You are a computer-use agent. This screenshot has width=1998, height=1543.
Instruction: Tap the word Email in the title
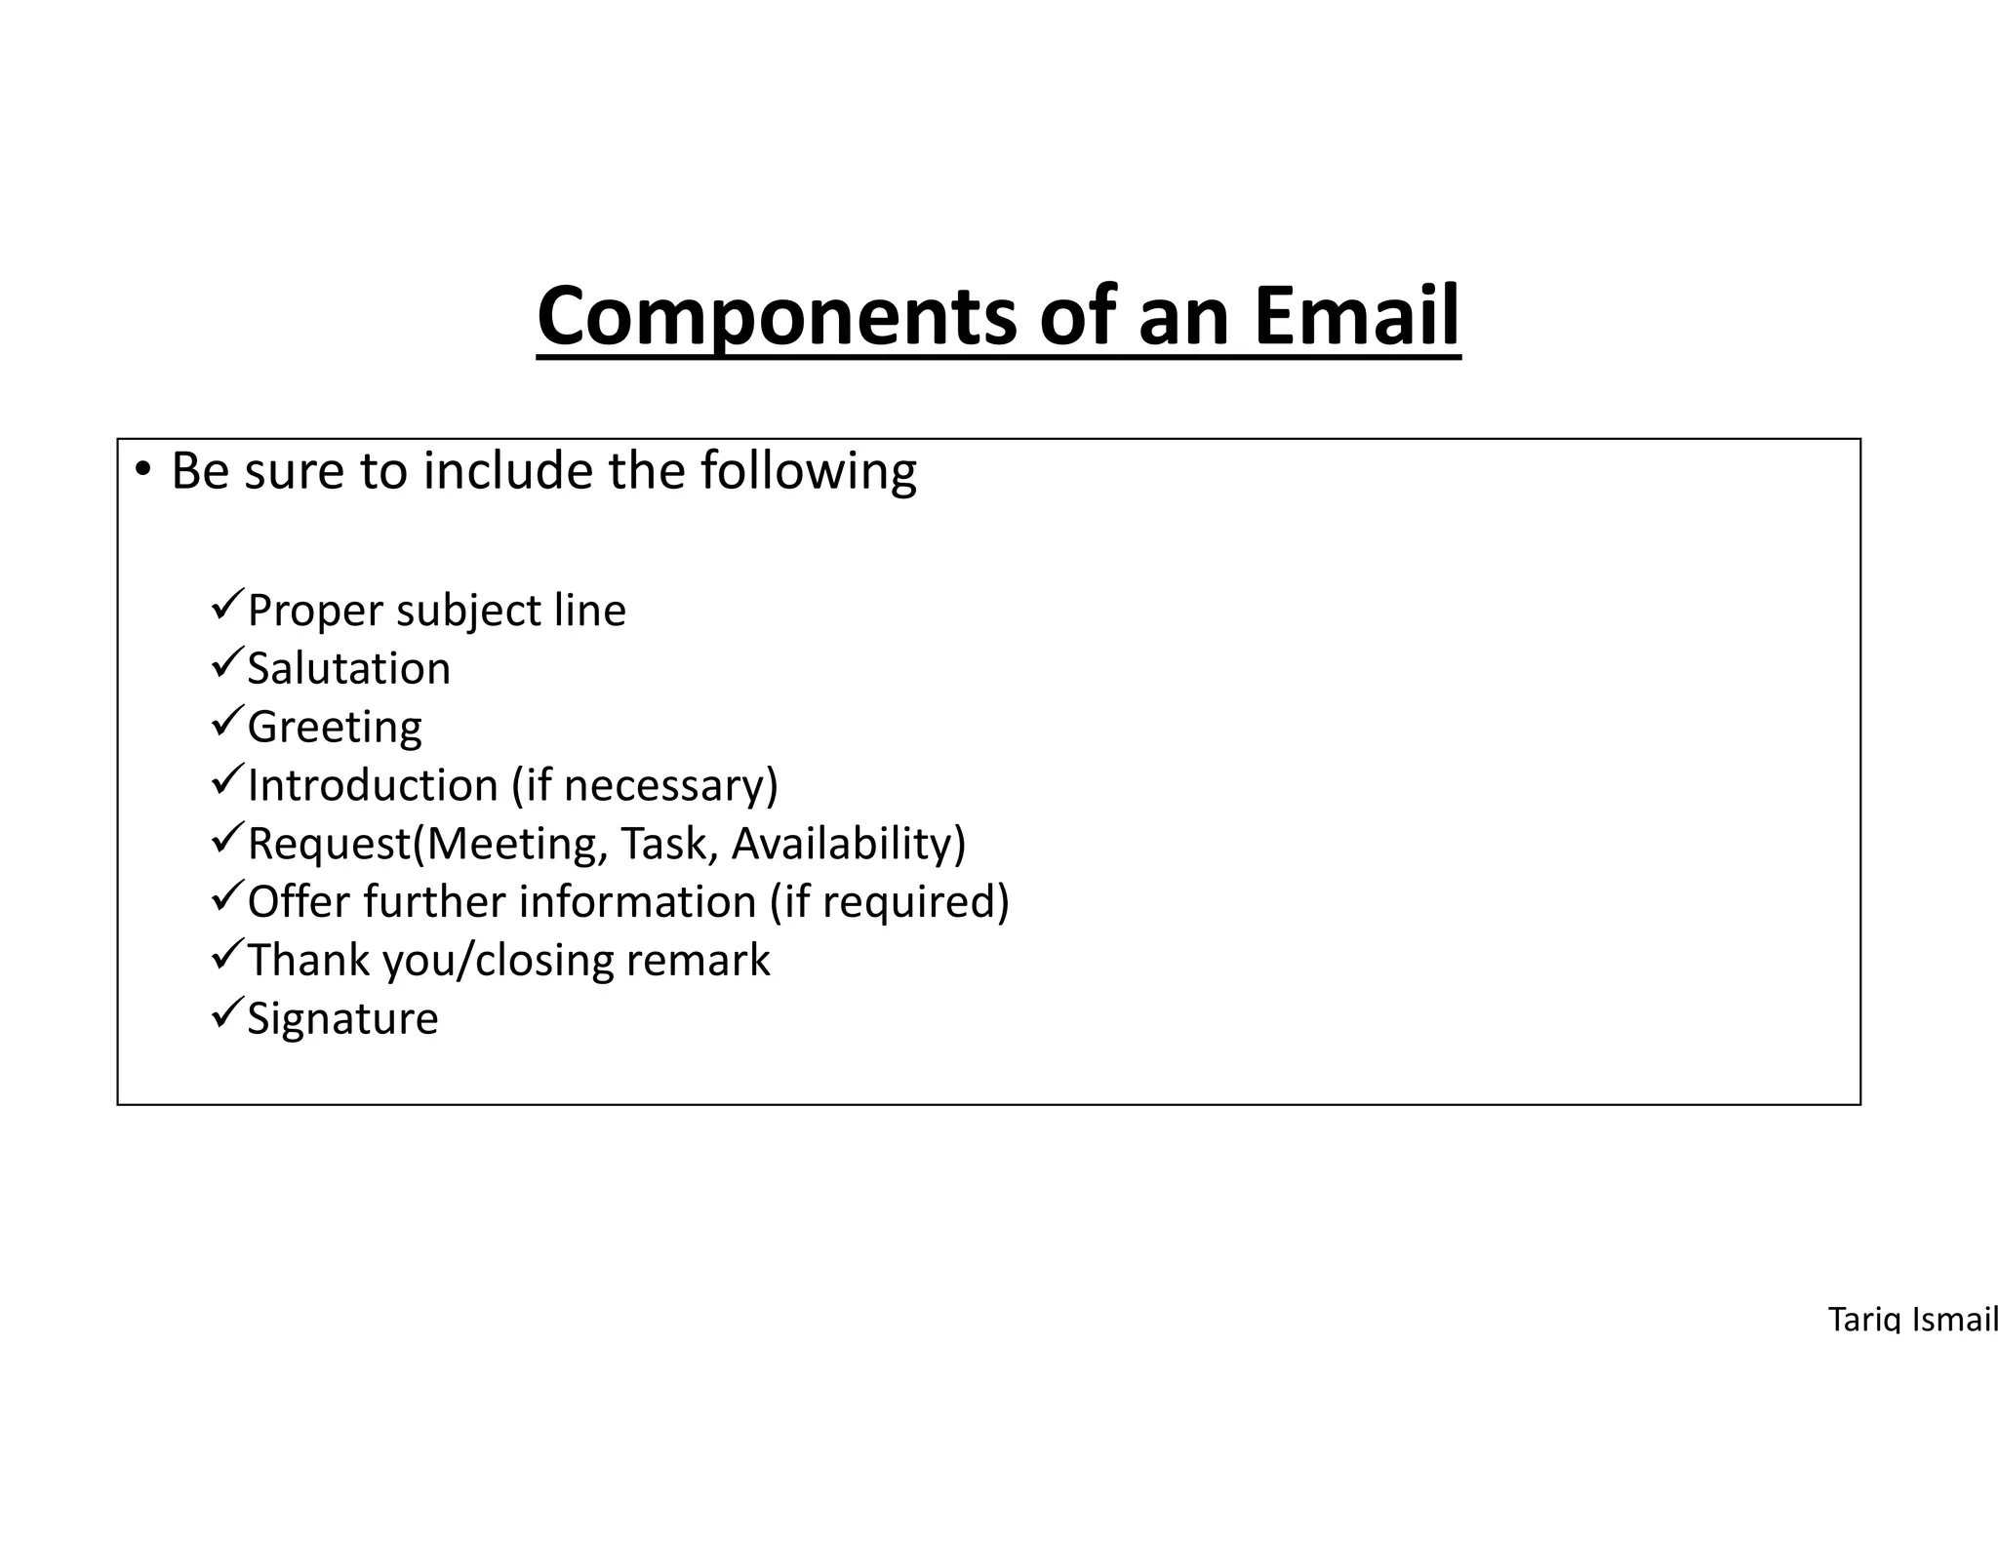coord(1356,315)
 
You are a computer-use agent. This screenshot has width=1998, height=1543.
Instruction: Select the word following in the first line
coord(808,472)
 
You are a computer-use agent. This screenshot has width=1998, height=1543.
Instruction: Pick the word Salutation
coord(348,669)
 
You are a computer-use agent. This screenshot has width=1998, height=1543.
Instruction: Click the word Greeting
coord(335,728)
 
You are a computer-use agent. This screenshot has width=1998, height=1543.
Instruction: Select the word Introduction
coord(373,785)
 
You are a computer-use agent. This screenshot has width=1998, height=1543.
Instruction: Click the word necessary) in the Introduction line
coord(671,785)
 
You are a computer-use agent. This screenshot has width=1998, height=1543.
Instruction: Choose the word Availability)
coord(848,844)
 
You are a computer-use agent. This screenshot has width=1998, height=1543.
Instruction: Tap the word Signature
coord(342,1018)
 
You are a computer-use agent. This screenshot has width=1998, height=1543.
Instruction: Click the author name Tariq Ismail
coord(1912,1320)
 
